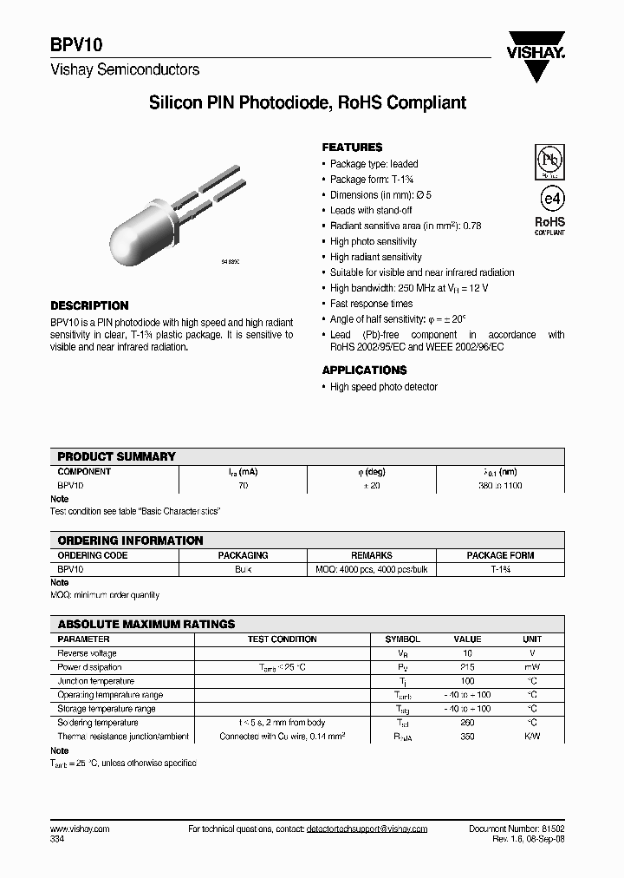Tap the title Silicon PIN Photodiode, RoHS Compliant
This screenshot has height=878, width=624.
[x=308, y=103]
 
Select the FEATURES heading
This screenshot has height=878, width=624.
[x=352, y=147]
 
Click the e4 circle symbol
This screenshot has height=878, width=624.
[x=549, y=194]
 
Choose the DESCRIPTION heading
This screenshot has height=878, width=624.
[x=89, y=305]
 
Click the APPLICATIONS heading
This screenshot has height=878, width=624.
[x=364, y=370]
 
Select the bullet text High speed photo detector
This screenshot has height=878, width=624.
[x=383, y=387]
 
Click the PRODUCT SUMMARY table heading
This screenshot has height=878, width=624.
[x=116, y=456]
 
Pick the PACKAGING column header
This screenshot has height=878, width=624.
[x=243, y=555]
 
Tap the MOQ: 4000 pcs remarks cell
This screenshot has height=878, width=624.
[x=371, y=570]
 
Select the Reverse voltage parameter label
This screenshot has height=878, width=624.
[x=87, y=653]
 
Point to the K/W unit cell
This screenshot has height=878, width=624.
[x=532, y=737]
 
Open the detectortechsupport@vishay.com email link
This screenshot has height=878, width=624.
[x=367, y=829]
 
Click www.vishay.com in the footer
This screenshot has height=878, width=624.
[x=80, y=829]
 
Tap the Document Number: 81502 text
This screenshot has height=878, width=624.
[x=517, y=829]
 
